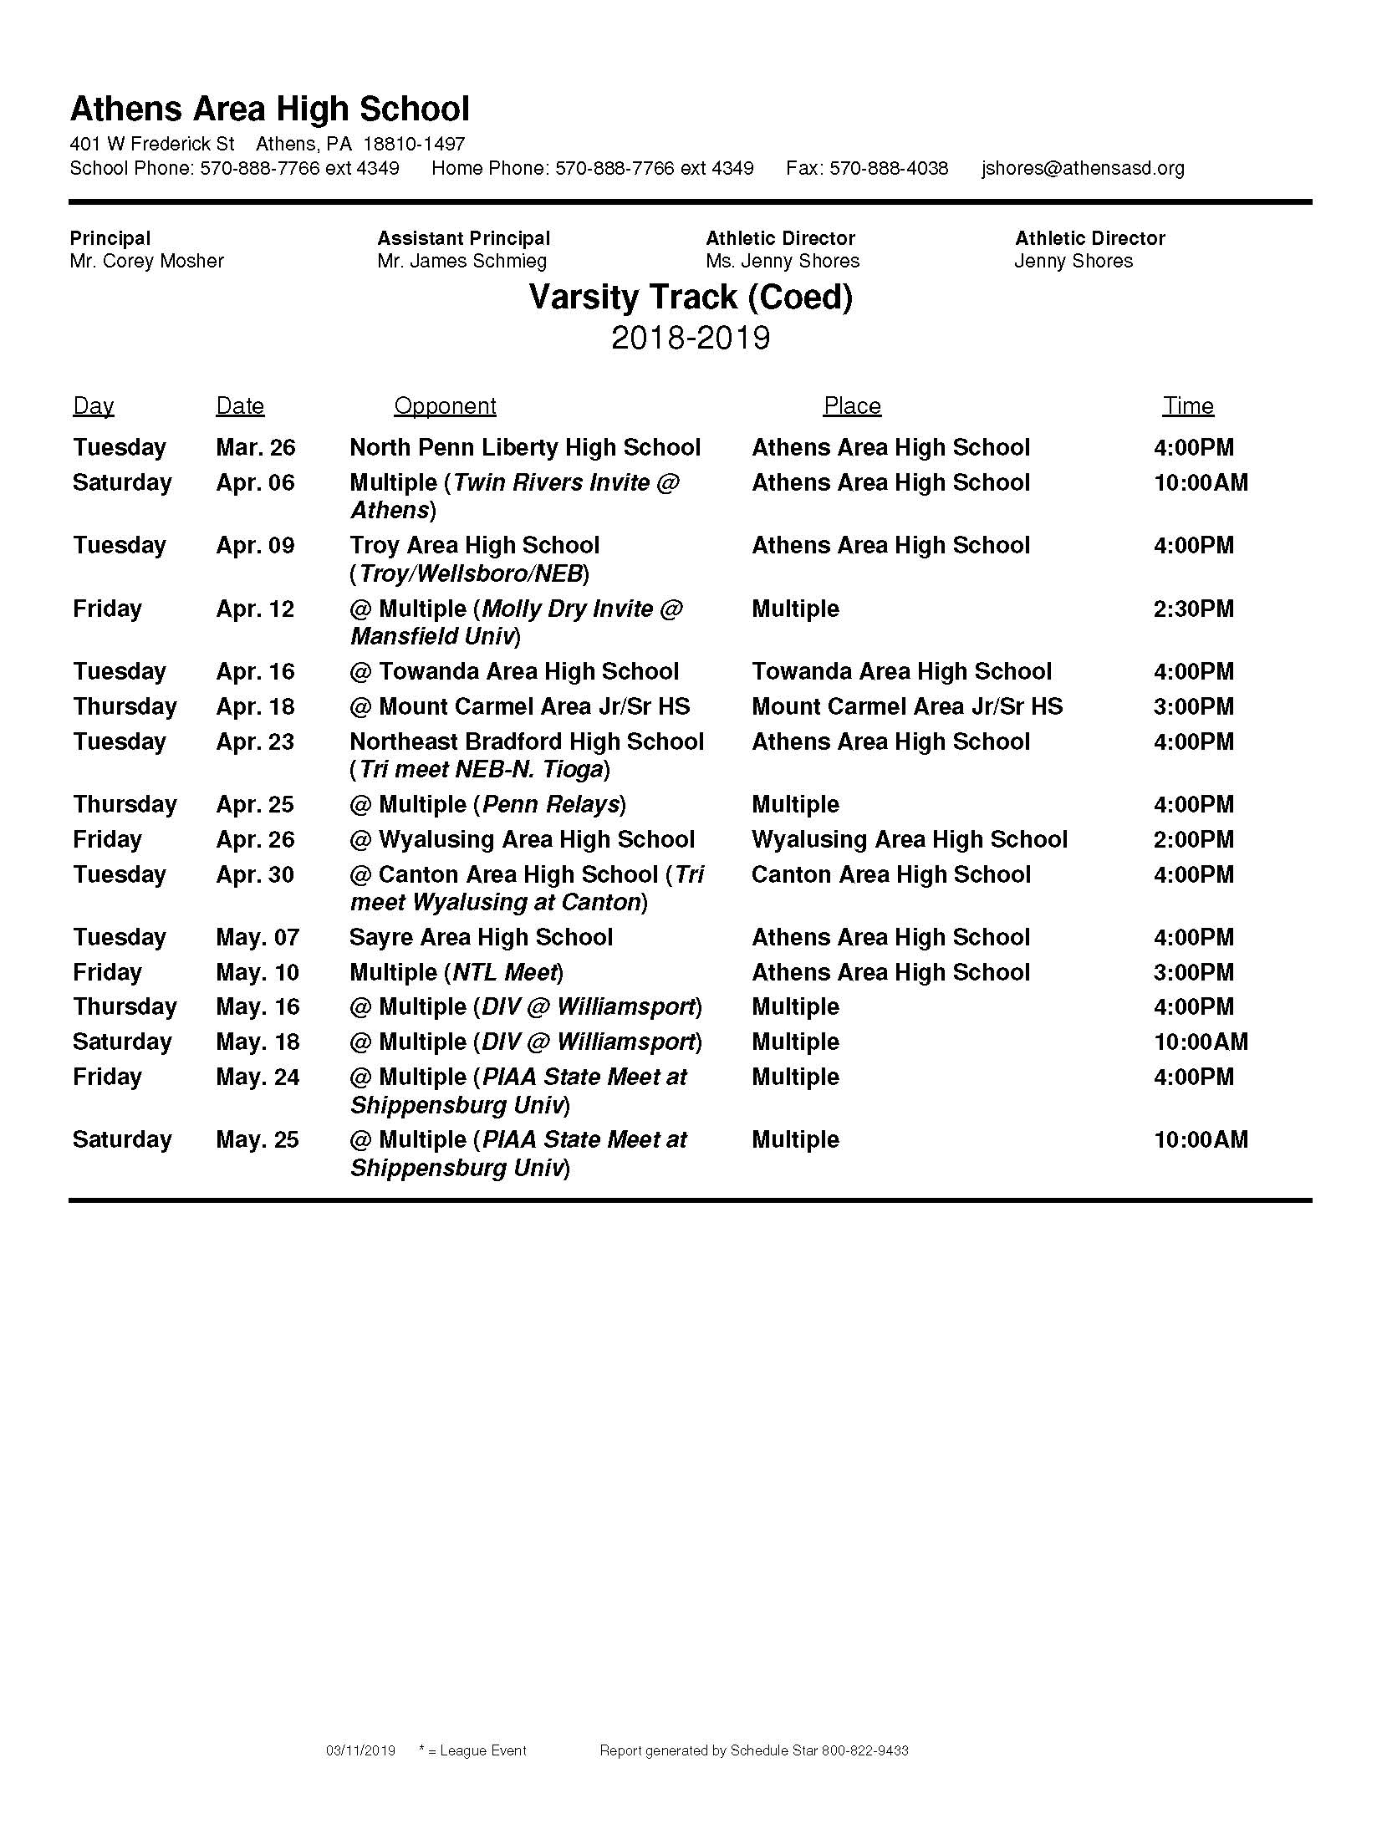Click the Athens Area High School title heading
[x=269, y=110]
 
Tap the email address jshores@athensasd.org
[x=1083, y=168]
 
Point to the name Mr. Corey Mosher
[x=146, y=261]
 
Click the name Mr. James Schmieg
[x=462, y=261]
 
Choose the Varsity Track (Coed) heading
[x=691, y=298]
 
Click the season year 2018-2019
[x=691, y=338]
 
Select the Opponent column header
[x=445, y=406]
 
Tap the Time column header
[x=1187, y=406]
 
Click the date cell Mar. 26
[x=255, y=448]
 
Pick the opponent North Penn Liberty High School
[x=524, y=448]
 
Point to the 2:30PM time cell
[x=1193, y=609]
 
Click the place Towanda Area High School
[x=900, y=672]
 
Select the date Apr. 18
[x=255, y=707]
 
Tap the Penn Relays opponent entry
[x=487, y=805]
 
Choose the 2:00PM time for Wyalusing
[x=1193, y=840]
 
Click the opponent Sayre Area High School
[x=481, y=938]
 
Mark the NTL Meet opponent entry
[x=456, y=973]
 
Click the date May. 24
[x=257, y=1077]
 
